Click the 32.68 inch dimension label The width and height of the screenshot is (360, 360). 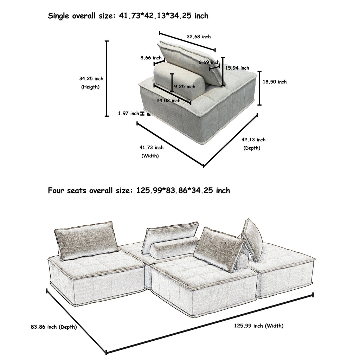(x=199, y=37)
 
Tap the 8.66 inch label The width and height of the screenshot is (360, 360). (x=151, y=58)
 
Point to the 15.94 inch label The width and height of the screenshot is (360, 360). (x=237, y=68)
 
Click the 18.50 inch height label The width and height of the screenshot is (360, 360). (x=275, y=82)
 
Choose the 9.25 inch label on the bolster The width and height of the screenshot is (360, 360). (x=185, y=86)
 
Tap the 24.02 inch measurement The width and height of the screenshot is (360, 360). (x=168, y=101)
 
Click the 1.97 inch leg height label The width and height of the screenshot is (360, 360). (x=128, y=113)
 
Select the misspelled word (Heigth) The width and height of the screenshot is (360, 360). (x=90, y=87)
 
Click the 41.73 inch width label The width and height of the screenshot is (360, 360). (x=152, y=148)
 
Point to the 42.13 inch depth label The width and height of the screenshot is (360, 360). (x=253, y=140)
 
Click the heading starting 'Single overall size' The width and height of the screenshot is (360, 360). (x=128, y=16)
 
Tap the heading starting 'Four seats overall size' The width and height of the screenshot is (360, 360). (x=139, y=191)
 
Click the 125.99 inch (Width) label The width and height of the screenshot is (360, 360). (x=259, y=326)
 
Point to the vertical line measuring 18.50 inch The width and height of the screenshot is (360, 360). (x=259, y=88)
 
